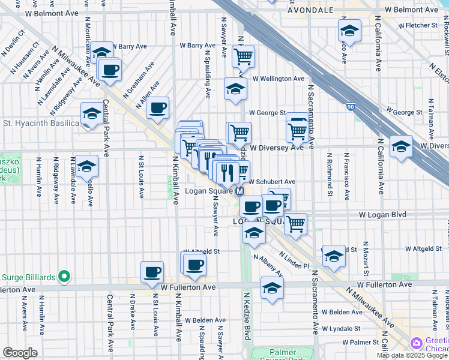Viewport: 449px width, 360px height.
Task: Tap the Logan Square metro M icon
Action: [x=240, y=191]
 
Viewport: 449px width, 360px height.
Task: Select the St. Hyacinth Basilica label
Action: [x=41, y=124]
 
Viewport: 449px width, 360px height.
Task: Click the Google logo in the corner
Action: [x=20, y=353]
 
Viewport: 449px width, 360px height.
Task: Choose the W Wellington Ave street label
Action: [x=278, y=79]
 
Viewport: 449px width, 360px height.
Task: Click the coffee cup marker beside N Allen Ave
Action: [x=157, y=108]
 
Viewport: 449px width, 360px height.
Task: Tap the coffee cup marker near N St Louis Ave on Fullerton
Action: [x=152, y=272]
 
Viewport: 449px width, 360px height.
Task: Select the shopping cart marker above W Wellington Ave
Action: [x=243, y=57]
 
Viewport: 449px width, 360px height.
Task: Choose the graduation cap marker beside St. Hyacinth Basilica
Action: [x=92, y=113]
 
